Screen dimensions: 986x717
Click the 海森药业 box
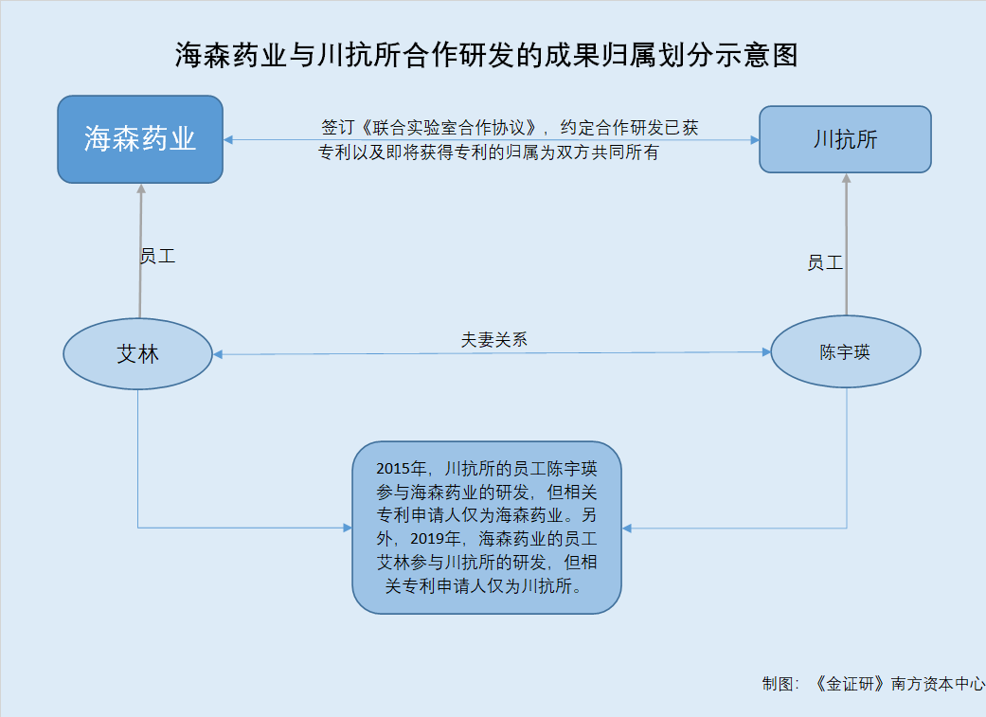pyautogui.click(x=140, y=139)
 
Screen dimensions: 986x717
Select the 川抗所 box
pyautogui.click(x=845, y=139)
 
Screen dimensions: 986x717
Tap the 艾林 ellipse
pyautogui.click(x=137, y=353)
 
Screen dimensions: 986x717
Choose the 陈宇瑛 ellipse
pyautogui.click(x=846, y=351)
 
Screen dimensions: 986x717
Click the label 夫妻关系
pyautogui.click(x=494, y=340)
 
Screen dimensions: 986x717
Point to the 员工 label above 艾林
pyautogui.click(x=157, y=256)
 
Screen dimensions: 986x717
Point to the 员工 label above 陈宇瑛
pyautogui.click(x=825, y=262)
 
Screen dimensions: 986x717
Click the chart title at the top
pyautogui.click(x=487, y=55)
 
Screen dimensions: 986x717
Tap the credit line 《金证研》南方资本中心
pyautogui.click(x=899, y=684)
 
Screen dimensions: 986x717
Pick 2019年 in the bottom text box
pyautogui.click(x=436, y=538)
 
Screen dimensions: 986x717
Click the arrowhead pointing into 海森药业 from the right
pyautogui.click(x=228, y=139)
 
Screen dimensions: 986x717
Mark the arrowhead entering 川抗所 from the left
pyautogui.click(x=755, y=139)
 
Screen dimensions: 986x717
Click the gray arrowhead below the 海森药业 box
pyautogui.click(x=141, y=188)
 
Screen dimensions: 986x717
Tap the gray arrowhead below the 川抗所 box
pyautogui.click(x=847, y=178)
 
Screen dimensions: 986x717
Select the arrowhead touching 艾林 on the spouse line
pyautogui.click(x=218, y=355)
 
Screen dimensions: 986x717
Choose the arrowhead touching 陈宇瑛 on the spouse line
pyautogui.click(x=766, y=352)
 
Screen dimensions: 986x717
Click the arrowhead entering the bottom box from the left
pyautogui.click(x=348, y=528)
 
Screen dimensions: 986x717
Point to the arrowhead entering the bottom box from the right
pyautogui.click(x=627, y=529)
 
